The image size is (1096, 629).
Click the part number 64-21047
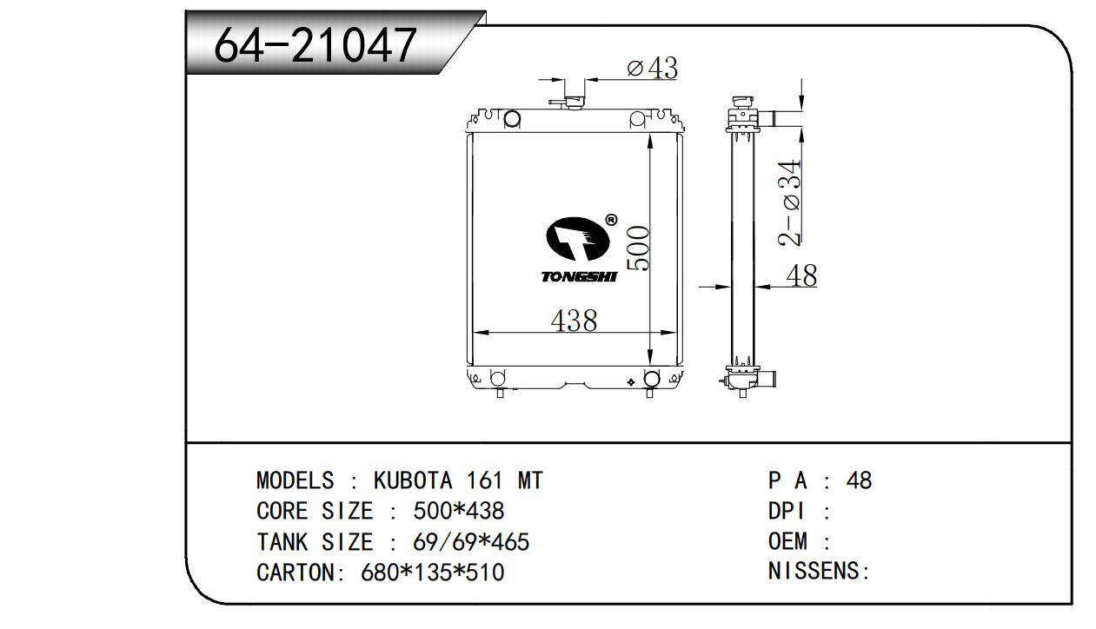(316, 45)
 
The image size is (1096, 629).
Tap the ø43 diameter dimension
(652, 68)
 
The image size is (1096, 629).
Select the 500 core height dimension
(639, 248)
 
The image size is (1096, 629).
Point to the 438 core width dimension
(574, 321)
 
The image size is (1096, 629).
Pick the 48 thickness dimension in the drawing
(801, 275)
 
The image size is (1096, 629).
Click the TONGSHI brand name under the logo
(580, 277)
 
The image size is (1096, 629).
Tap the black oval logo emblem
(578, 239)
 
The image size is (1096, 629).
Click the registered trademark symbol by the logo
(611, 220)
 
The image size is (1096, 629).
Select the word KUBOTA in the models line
(413, 480)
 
